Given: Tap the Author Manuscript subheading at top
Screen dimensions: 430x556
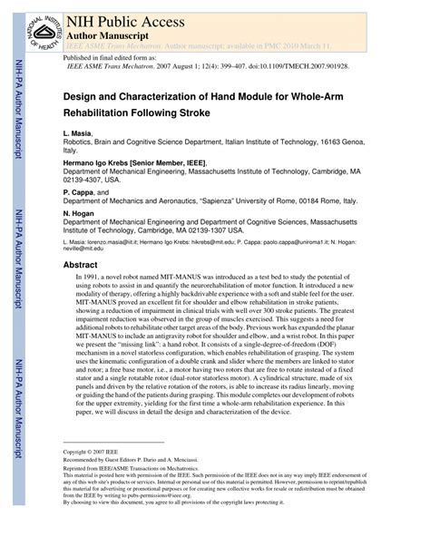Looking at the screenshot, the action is (x=106, y=34).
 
